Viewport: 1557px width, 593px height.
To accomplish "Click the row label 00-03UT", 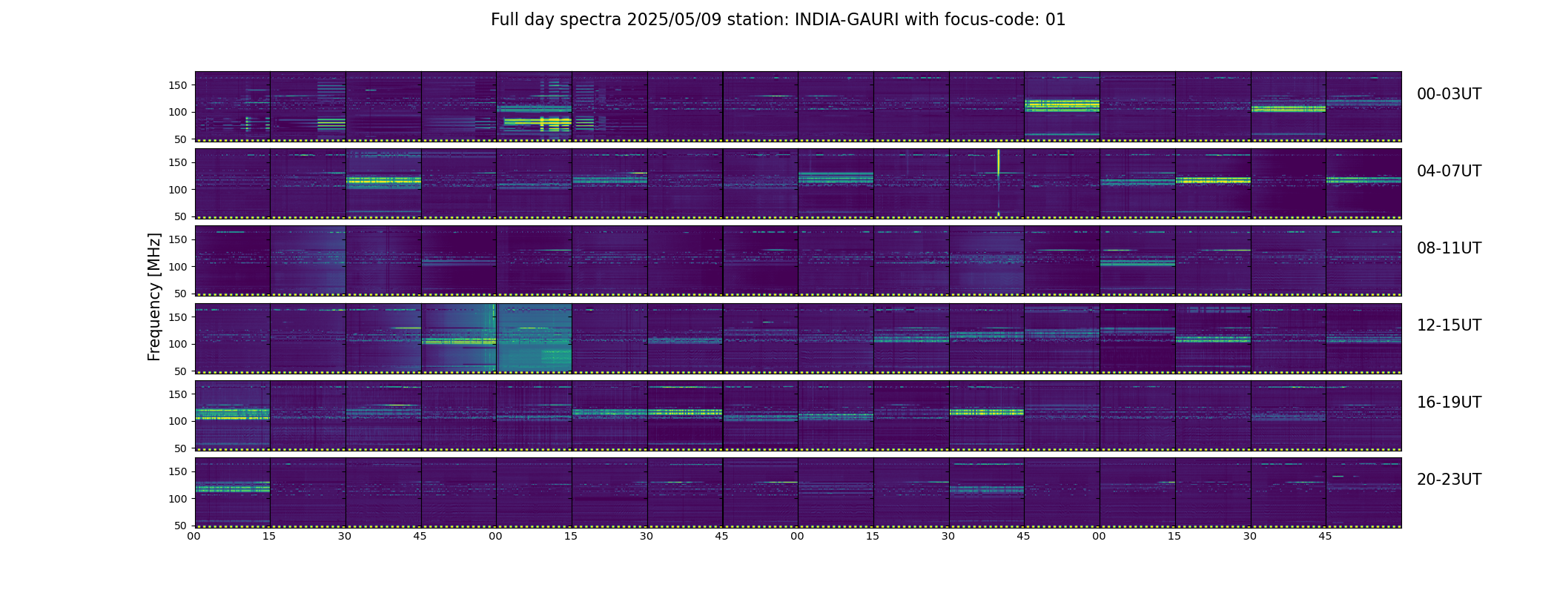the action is click(1449, 94).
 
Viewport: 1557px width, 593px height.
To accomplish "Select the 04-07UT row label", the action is click(1449, 171).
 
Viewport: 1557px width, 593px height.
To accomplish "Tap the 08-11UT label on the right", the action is click(1449, 248).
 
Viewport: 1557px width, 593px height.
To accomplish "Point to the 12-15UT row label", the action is click(1449, 325).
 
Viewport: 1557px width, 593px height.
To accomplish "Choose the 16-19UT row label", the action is click(1449, 402).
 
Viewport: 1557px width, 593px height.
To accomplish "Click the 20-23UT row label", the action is click(1449, 480).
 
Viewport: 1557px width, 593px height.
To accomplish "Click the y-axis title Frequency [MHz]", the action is click(154, 297).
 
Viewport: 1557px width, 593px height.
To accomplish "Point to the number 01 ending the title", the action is click(1056, 20).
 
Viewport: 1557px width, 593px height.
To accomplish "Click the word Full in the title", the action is click(504, 20).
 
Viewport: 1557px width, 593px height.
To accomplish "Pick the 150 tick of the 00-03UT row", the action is click(178, 85).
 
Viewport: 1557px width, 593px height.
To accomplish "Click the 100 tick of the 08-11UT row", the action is click(178, 267).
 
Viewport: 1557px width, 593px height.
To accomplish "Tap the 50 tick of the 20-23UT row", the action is click(181, 526).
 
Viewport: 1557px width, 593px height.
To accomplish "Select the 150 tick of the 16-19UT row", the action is click(178, 394).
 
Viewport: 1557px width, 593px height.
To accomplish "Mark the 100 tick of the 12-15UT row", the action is click(178, 344).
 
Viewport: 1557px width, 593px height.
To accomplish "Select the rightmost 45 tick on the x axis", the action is click(1325, 536).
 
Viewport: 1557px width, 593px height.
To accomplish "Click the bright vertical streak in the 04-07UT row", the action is click(998, 182).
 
